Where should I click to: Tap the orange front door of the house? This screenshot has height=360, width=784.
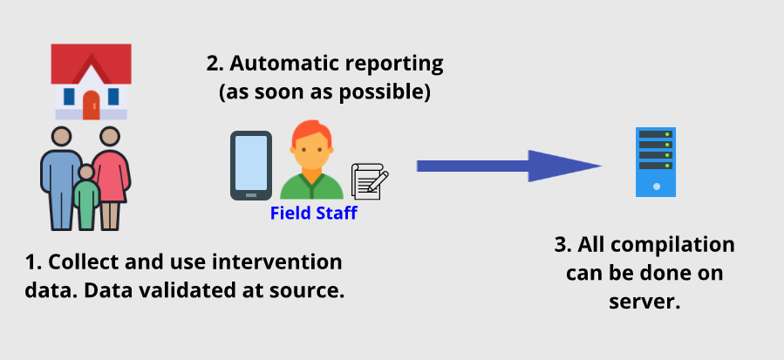point(91,105)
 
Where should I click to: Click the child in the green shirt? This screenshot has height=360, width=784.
point(86,198)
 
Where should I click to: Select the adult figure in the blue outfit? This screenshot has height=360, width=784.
point(61,179)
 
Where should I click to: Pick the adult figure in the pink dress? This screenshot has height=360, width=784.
point(111,179)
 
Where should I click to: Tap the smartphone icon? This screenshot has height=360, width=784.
point(251,166)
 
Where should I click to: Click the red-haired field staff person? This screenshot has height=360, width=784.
point(311,160)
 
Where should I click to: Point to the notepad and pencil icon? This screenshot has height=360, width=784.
point(370,181)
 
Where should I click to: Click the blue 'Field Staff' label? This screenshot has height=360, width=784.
point(313,213)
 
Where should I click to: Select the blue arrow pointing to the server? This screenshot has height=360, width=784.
point(509,166)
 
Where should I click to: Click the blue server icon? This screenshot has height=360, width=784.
point(656,162)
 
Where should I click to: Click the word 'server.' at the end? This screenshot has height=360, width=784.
point(644,302)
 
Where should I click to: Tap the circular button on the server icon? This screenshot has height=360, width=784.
point(657,187)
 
